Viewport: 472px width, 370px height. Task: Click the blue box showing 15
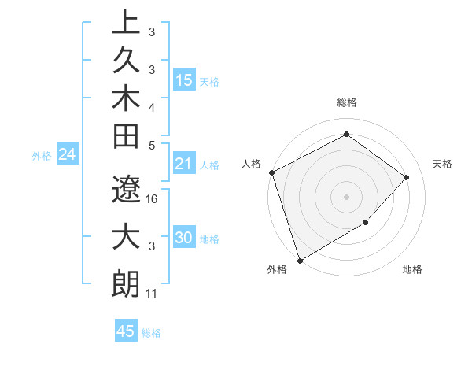click(x=184, y=80)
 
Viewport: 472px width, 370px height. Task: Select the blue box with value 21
click(x=184, y=165)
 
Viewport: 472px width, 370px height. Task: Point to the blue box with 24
click(x=68, y=155)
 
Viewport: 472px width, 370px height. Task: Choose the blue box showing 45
click(x=125, y=331)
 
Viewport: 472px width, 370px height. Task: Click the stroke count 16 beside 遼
click(x=153, y=199)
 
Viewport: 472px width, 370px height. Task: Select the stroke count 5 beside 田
click(x=153, y=145)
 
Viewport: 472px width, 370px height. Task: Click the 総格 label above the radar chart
click(x=347, y=102)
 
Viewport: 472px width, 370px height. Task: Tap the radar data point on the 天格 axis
click(x=406, y=177)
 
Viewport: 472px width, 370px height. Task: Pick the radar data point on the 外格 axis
click(x=300, y=260)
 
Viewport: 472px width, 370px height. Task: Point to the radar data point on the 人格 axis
click(x=271, y=172)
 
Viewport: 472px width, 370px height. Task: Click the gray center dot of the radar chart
click(x=346, y=196)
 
